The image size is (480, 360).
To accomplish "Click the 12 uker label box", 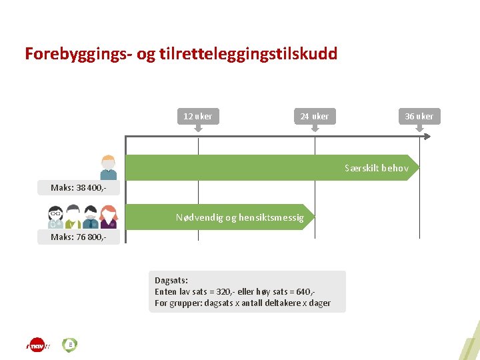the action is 198,116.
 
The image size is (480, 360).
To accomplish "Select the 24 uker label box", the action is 315,116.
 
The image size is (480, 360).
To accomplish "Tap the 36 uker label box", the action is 419,116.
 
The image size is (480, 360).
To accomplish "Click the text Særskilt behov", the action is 376,168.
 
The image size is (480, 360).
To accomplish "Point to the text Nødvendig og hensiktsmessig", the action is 239,217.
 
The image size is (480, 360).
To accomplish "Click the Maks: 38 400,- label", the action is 79,188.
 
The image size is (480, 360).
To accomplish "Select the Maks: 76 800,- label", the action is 79,237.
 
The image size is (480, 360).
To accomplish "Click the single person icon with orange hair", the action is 108,167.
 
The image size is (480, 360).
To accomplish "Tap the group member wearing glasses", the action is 55,217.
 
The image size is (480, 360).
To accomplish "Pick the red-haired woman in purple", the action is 108,217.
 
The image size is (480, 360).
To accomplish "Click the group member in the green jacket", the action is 73,217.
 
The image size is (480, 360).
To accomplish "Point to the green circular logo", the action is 69,345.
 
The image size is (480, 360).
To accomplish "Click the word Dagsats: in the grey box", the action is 171,281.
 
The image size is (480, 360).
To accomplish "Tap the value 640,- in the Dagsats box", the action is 304,292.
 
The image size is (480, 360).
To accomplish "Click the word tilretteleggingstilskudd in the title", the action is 249,54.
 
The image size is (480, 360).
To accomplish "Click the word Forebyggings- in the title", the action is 79,54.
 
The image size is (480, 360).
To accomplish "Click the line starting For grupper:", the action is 243,303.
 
